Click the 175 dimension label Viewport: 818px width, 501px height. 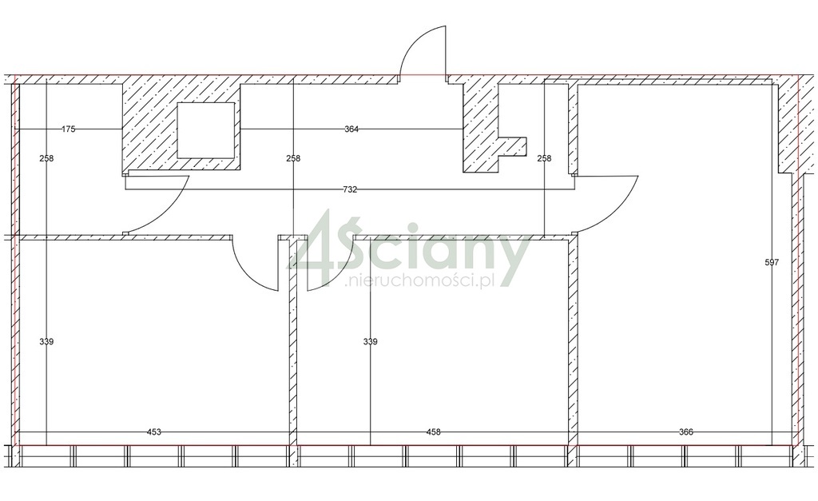tap(69, 129)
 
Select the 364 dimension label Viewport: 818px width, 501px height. tap(351, 129)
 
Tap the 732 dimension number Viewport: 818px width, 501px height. tap(350, 189)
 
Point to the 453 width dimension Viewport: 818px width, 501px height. tap(154, 431)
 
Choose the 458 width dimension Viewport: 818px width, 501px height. tap(434, 431)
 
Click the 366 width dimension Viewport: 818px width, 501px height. tap(686, 431)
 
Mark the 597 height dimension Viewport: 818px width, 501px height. tap(772, 263)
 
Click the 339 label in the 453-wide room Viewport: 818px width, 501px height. tap(46, 342)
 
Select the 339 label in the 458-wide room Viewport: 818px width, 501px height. tap(371, 342)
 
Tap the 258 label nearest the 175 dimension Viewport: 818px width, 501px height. tap(46, 158)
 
